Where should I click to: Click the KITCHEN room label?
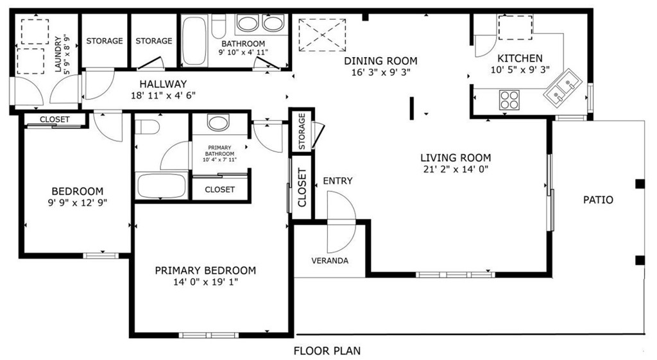click(520, 58)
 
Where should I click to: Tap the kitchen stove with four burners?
click(509, 100)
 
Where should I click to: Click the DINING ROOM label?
click(380, 61)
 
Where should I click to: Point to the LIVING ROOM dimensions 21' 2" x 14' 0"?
click(456, 170)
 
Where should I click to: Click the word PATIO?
click(598, 200)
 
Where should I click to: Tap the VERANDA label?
click(330, 261)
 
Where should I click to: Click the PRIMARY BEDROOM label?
click(205, 270)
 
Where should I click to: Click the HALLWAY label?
click(163, 83)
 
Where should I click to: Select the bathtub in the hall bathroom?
click(193, 42)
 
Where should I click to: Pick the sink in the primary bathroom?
click(218, 123)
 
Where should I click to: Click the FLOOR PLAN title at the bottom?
click(327, 351)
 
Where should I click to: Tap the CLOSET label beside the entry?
click(302, 188)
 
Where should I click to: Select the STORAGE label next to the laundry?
click(105, 41)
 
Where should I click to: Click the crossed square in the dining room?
click(323, 35)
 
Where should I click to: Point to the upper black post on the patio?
click(639, 184)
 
